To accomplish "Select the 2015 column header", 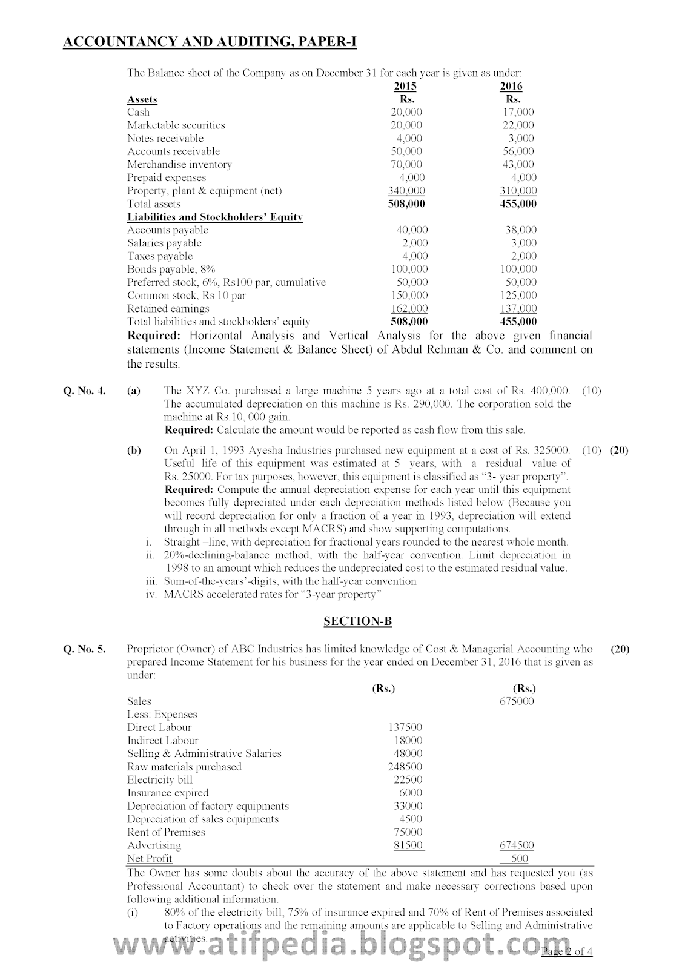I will (405, 87).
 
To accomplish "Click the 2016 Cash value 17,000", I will (518, 112).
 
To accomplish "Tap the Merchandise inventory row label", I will (179, 164).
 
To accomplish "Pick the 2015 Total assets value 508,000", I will (406, 204).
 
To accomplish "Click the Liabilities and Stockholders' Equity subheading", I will (214, 217).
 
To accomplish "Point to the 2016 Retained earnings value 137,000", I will (520, 309).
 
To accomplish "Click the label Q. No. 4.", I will (84, 391).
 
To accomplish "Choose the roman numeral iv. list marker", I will (151, 594).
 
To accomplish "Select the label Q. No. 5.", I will (84, 649).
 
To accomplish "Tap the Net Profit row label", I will (150, 858).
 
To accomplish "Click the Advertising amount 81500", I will (408, 845).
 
